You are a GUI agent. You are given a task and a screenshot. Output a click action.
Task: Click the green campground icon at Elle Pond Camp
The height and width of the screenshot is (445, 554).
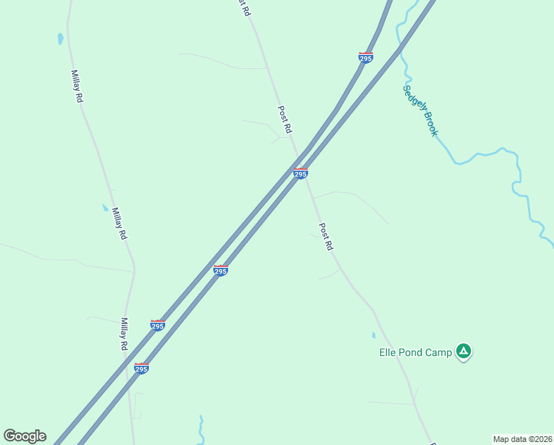463,351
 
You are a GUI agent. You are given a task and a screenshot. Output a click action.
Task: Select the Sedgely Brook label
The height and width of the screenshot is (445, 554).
421,111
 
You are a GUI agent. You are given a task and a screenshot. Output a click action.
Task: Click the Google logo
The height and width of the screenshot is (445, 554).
24,436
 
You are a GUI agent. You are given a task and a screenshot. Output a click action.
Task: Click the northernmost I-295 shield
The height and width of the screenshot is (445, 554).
365,57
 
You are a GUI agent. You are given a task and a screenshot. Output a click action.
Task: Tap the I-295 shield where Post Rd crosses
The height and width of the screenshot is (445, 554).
300,173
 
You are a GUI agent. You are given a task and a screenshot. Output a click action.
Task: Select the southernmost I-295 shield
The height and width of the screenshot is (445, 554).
141,368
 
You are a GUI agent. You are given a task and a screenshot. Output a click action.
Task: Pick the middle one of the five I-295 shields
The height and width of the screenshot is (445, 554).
220,271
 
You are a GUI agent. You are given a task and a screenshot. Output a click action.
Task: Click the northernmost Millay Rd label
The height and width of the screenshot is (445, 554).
76,86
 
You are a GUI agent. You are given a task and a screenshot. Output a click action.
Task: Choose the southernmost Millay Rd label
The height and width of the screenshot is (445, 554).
124,334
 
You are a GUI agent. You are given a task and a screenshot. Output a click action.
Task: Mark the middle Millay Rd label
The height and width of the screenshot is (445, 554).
119,223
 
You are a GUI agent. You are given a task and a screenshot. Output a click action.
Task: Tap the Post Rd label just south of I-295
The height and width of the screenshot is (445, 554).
326,237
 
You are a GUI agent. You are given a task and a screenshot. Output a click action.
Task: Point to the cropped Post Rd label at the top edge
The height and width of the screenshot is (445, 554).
242,5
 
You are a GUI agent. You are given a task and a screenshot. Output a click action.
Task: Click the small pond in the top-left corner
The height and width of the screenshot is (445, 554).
60,38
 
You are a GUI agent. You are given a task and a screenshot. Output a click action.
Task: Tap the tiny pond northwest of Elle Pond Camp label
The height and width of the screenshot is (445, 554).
373,335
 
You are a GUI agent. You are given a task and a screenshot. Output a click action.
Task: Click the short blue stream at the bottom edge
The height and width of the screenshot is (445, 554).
201,429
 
